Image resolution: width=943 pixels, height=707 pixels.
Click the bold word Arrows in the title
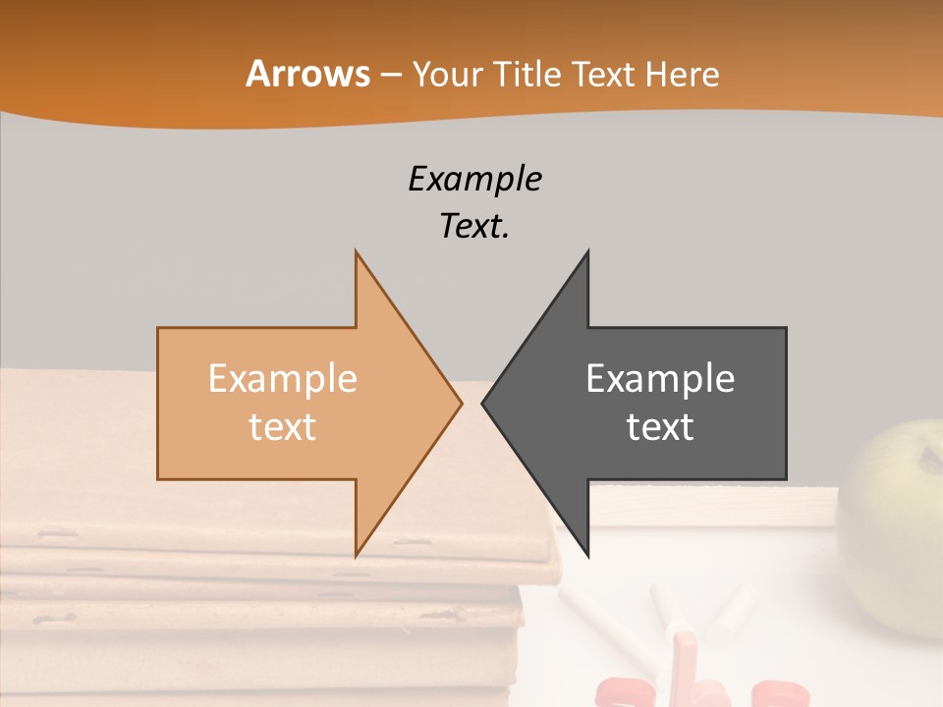click(x=307, y=74)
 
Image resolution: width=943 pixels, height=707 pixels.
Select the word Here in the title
click(x=682, y=75)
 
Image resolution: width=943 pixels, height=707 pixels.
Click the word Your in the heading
click(x=446, y=75)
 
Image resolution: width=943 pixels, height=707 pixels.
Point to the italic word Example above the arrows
click(x=474, y=179)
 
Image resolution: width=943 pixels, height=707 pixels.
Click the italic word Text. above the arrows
click(x=474, y=227)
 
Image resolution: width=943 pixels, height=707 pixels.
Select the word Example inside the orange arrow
click(x=283, y=378)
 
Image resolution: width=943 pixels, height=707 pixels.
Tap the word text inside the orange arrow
click(x=283, y=427)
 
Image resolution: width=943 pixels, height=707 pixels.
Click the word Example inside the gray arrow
click(x=660, y=378)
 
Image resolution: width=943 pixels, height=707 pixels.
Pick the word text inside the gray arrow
click(x=660, y=427)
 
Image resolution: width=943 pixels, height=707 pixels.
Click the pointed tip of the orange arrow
click(x=460, y=403)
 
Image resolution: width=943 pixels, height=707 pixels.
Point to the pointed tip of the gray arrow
click(x=483, y=403)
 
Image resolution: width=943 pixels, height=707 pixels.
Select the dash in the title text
click(x=390, y=75)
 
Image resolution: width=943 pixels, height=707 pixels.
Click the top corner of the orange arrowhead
click(x=357, y=252)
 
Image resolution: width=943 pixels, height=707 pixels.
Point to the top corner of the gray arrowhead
click(x=587, y=252)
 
